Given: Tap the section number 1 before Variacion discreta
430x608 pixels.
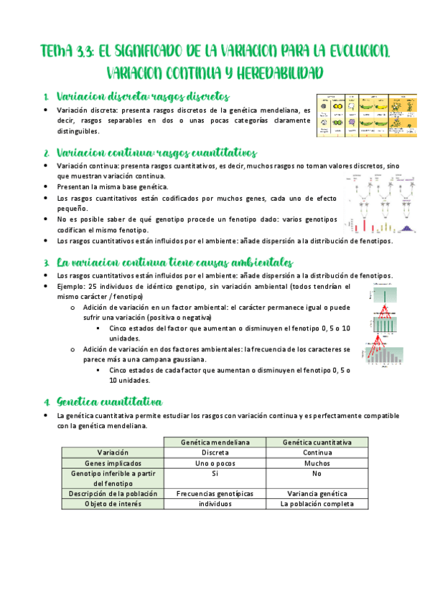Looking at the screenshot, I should coord(45,97).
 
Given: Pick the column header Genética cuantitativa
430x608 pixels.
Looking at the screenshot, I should coord(317,442).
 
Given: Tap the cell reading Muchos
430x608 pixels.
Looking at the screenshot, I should coord(317,463).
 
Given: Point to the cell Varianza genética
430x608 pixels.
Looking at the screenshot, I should coord(317,493).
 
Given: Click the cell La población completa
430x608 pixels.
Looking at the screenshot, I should coord(317,503).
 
